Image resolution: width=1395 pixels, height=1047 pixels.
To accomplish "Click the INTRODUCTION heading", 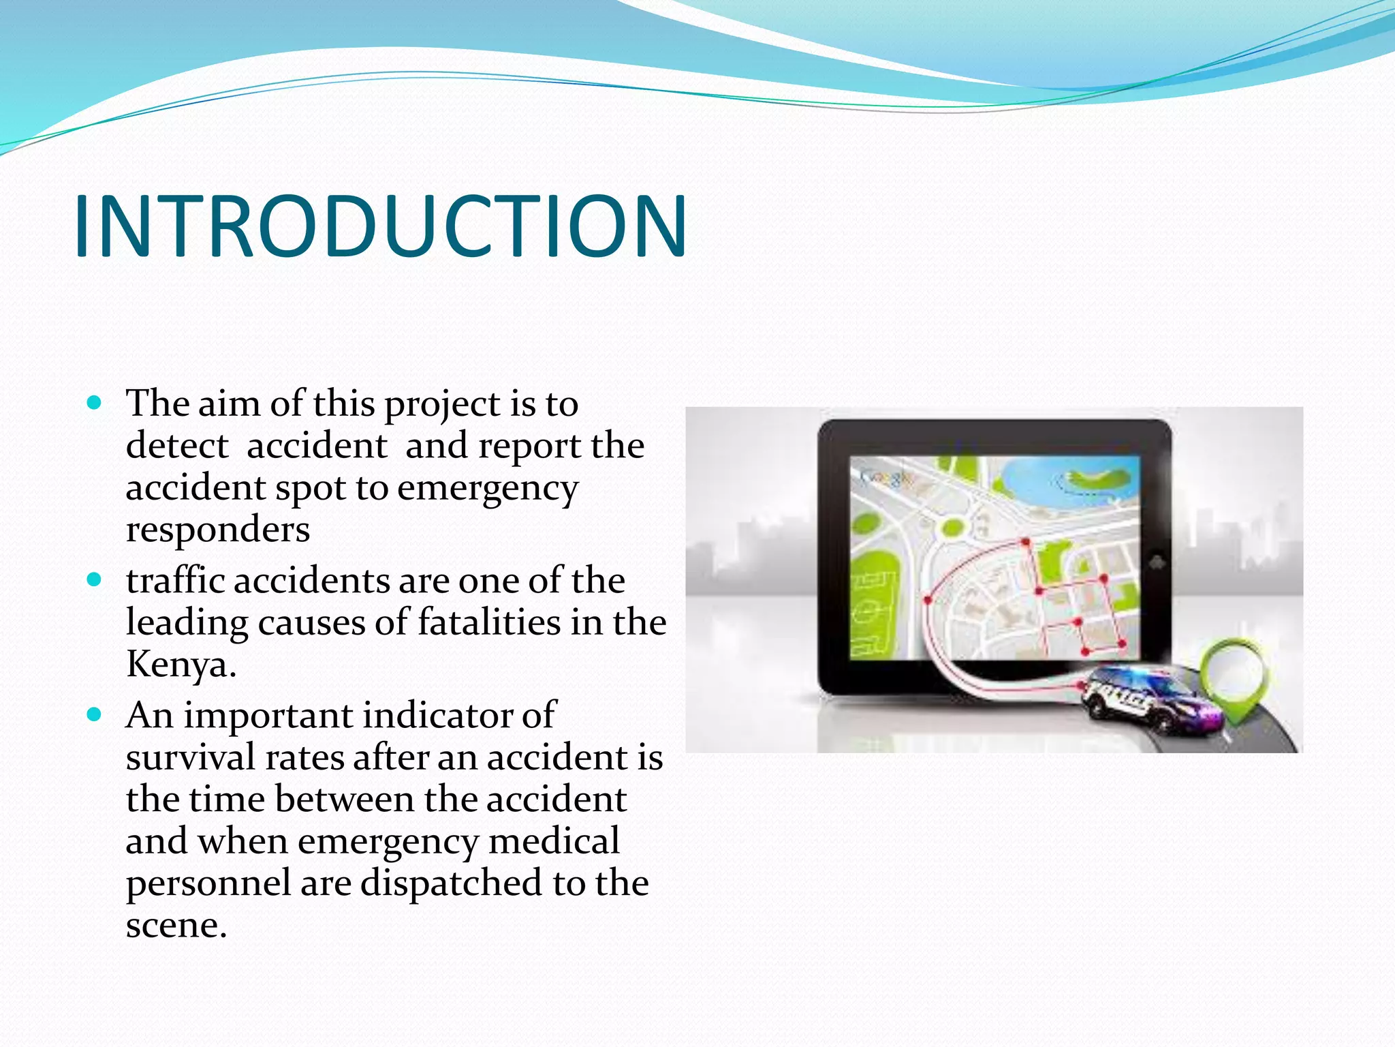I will (x=380, y=226).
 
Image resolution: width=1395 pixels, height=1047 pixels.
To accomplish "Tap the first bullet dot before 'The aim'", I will (x=95, y=403).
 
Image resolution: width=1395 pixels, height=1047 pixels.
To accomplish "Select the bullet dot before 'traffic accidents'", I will (x=95, y=580).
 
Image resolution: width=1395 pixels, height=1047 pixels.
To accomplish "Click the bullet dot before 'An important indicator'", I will (x=95, y=715).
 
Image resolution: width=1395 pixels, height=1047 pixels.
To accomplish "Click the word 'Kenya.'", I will (x=181, y=665).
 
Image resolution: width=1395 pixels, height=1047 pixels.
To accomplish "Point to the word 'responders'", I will (x=218, y=530).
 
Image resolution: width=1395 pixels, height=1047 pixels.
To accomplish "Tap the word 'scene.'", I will (x=176, y=925).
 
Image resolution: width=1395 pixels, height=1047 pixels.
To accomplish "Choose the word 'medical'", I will (x=554, y=840).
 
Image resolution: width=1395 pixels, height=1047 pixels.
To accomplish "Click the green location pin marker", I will (x=1234, y=675).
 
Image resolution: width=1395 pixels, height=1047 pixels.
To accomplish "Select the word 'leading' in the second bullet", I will (x=186, y=622).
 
